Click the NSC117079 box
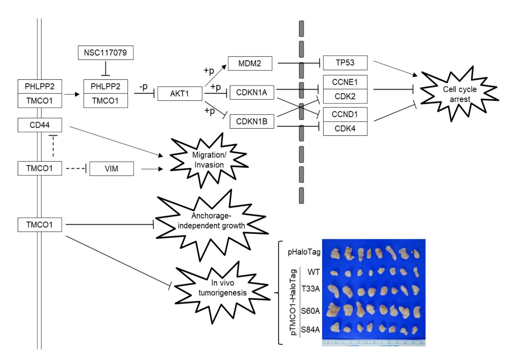pos(106,53)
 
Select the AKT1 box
pos(180,94)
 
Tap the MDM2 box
pos(250,63)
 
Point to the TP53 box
pos(345,63)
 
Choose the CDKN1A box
pos(252,92)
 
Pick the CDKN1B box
pos(252,121)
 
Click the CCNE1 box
pos(345,82)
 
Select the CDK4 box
pos(345,129)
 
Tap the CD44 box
pos(40,125)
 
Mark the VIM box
pos(111,169)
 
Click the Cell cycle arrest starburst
pos(459,94)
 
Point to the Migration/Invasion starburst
pos(209,160)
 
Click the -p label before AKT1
pos(144,87)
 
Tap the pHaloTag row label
pos(304,252)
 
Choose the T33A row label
pos(310,289)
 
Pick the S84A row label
pos(310,330)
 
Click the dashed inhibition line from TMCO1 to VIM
pos(76,169)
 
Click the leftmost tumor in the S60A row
pos(333,310)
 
